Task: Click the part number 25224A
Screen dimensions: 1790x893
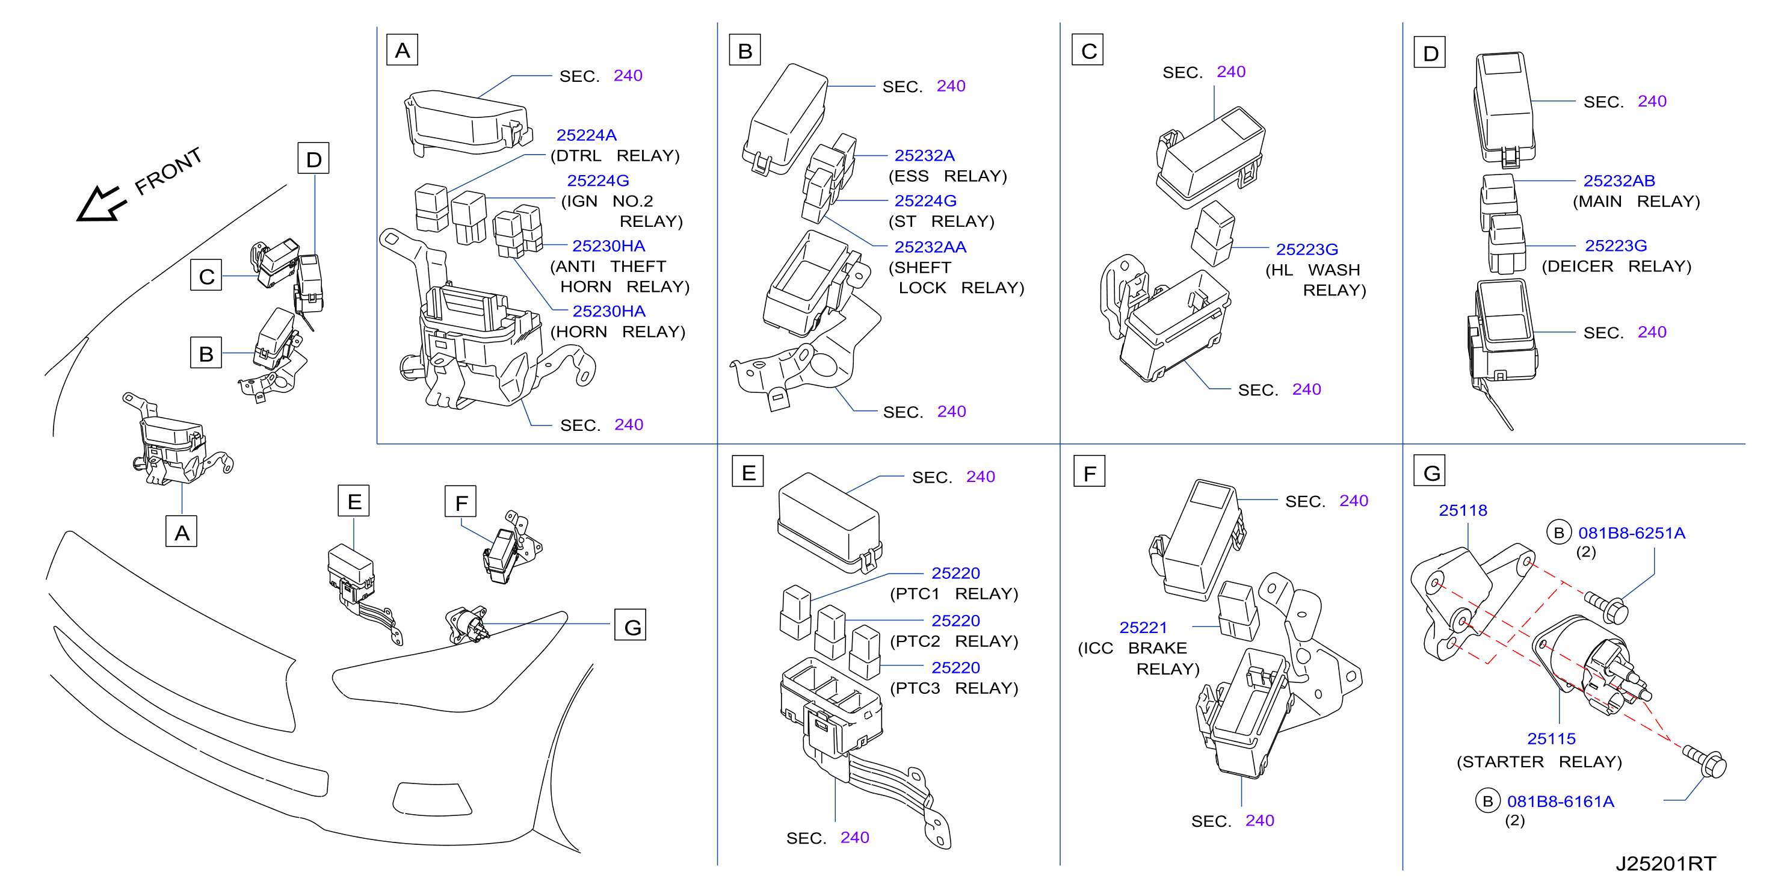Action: point(586,135)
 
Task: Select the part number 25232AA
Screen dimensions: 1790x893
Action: point(930,247)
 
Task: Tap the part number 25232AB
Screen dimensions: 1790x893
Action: point(1619,181)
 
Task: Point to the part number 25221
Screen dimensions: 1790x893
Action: point(1143,627)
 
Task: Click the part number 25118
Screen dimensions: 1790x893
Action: point(1463,510)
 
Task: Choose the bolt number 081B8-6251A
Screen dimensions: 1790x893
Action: point(1632,533)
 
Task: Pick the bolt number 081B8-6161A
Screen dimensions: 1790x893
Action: point(1561,802)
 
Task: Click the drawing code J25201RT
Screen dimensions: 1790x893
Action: point(1665,863)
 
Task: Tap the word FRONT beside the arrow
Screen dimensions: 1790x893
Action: point(168,170)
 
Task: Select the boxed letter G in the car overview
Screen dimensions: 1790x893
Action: point(630,625)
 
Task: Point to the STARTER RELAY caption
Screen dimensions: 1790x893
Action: point(1539,762)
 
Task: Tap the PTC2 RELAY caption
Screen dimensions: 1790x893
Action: point(954,641)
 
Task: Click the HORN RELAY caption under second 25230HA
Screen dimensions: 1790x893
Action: point(618,332)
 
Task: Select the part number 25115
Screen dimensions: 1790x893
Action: point(1551,739)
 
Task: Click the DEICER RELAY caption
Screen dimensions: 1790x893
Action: point(1616,266)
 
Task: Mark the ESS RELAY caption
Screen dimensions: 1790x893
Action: point(948,176)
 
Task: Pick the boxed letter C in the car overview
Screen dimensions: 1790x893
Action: point(206,275)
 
